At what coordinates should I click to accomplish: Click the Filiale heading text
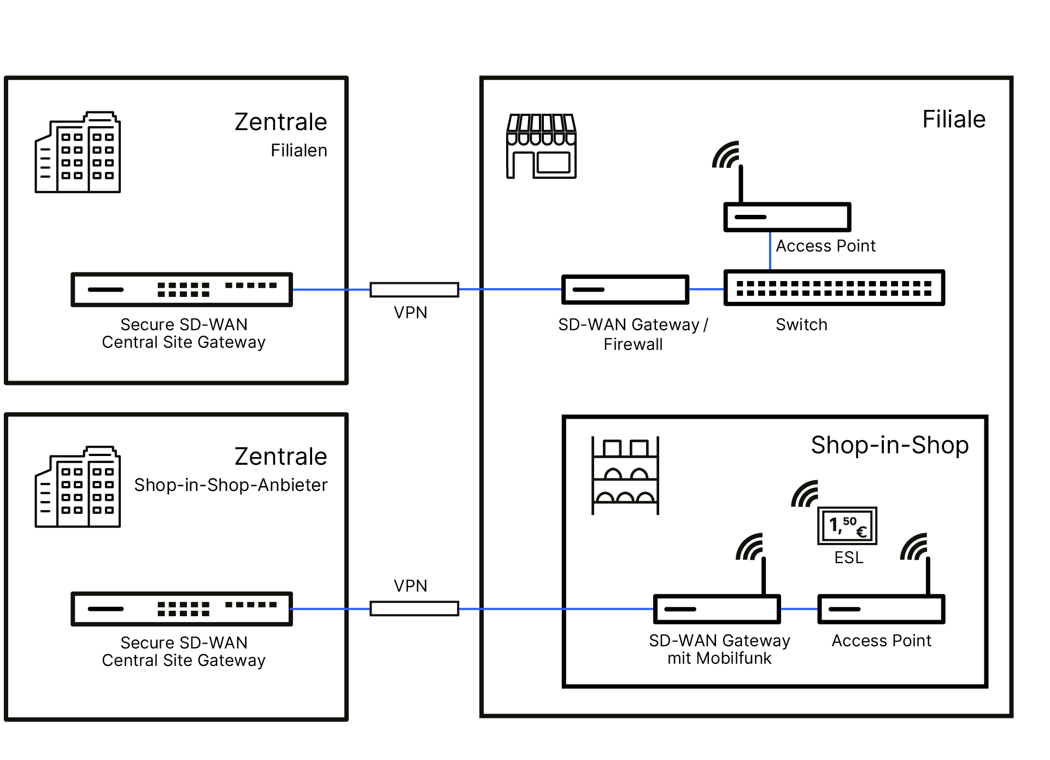[x=953, y=119]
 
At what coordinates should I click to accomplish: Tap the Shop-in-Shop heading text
[x=889, y=445]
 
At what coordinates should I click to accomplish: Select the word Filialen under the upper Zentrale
[x=299, y=150]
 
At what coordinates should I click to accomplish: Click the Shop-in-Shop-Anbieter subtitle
[x=231, y=485]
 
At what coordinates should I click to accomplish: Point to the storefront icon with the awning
[x=541, y=146]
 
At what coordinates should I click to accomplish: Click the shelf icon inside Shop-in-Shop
[x=625, y=475]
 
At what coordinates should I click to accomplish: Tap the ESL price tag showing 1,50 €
[x=847, y=526]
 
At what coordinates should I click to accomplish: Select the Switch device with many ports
[x=834, y=288]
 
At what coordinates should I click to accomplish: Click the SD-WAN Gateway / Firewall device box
[x=625, y=289]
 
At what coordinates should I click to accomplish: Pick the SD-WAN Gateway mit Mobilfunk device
[x=717, y=609]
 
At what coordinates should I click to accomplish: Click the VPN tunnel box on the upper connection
[x=414, y=290]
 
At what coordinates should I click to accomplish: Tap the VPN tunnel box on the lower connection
[x=414, y=609]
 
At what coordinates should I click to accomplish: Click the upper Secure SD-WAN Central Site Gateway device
[x=181, y=289]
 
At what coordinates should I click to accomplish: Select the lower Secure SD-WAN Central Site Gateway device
[x=181, y=609]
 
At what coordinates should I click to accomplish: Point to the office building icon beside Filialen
[x=78, y=153]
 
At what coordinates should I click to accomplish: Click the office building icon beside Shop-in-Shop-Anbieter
[x=78, y=487]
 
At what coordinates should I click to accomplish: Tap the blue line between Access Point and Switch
[x=770, y=251]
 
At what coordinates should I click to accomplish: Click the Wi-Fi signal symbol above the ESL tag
[x=805, y=494]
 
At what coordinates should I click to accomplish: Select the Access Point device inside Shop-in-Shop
[x=881, y=609]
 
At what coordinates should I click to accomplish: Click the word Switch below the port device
[x=801, y=325]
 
